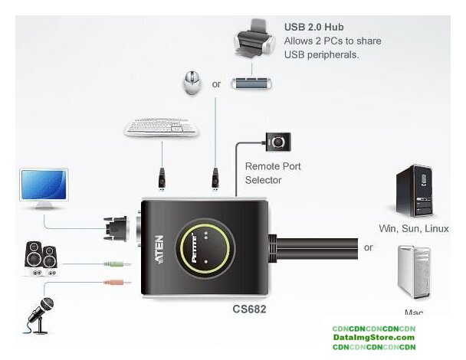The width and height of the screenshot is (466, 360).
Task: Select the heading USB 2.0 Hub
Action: (314, 25)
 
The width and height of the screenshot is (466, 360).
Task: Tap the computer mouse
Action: (190, 83)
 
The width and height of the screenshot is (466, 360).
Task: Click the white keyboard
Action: (161, 130)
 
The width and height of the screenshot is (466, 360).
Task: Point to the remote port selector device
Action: (278, 142)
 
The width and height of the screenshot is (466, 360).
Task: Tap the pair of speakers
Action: (40, 260)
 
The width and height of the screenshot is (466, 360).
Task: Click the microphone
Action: (40, 310)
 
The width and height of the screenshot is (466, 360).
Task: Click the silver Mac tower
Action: (412, 273)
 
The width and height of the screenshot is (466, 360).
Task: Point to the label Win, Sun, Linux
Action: (413, 228)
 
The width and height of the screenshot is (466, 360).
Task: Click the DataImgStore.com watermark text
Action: (374, 338)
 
